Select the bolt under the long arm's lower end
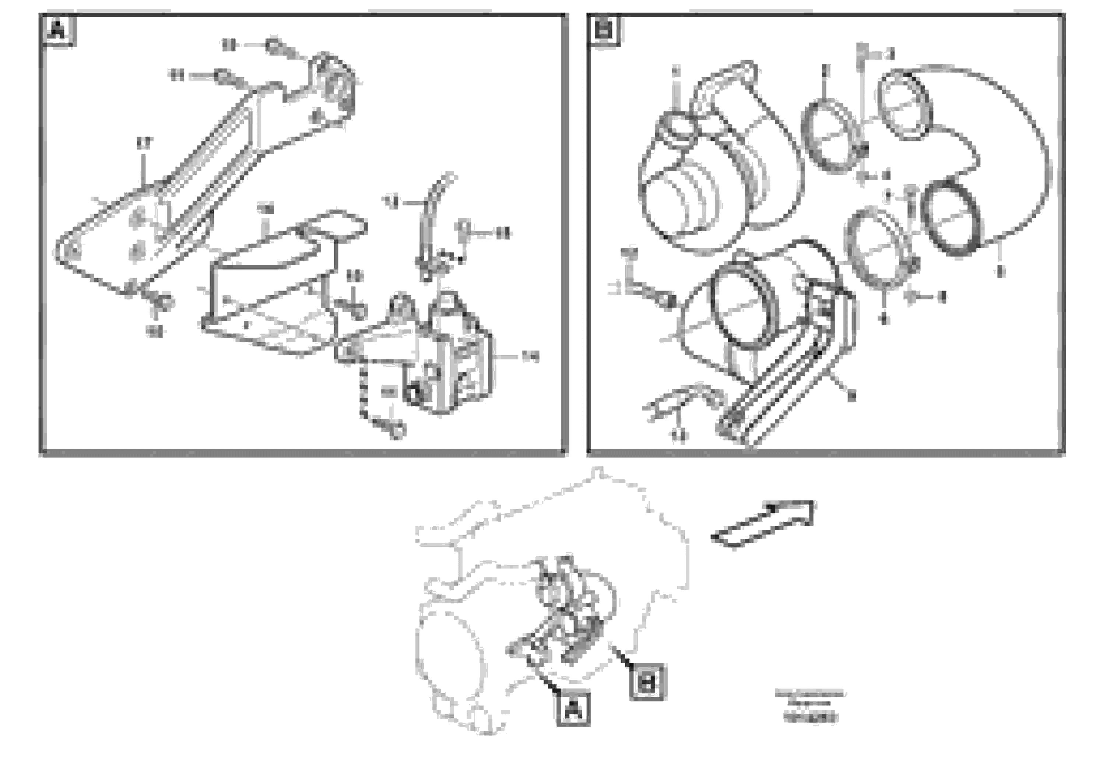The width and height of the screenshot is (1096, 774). [162, 302]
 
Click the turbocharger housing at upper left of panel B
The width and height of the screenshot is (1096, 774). [702, 176]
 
